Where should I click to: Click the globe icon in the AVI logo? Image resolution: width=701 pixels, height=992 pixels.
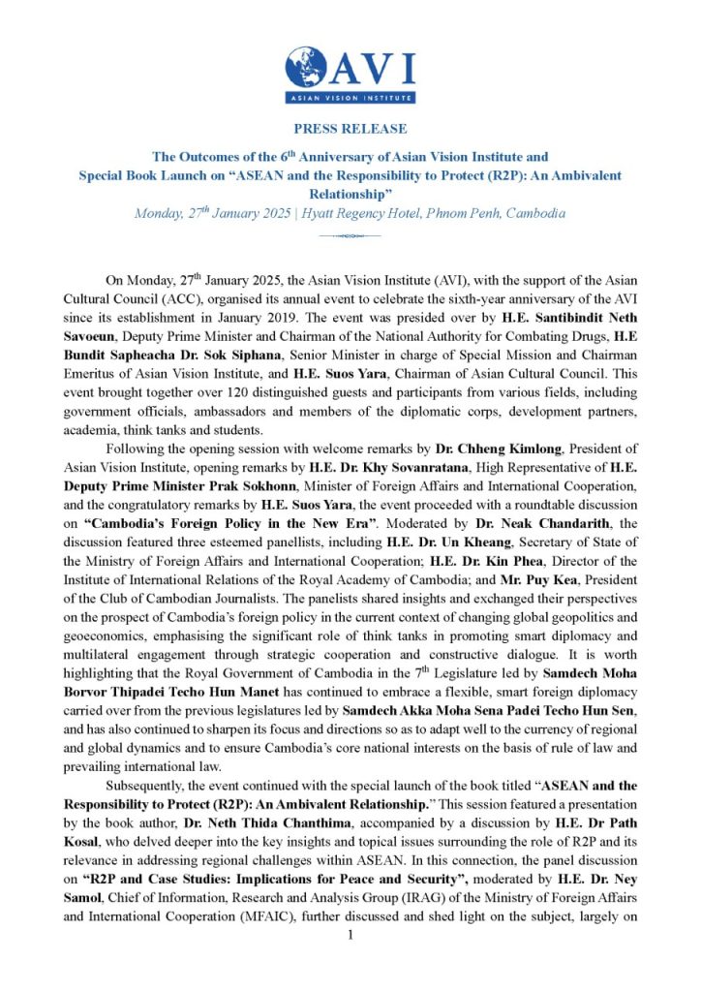click(x=307, y=69)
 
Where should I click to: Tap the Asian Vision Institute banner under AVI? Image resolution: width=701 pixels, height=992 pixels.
click(x=350, y=98)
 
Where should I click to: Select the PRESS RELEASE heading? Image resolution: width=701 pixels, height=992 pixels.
click(x=350, y=129)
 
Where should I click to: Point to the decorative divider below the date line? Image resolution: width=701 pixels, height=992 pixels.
click(x=350, y=235)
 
